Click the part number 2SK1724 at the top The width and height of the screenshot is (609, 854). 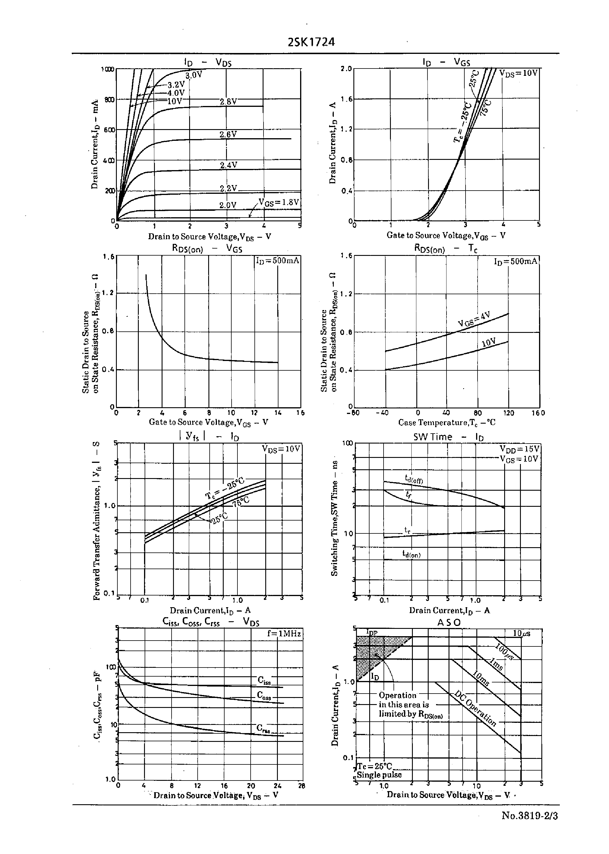311,42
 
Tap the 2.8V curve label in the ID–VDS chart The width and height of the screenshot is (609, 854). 228,102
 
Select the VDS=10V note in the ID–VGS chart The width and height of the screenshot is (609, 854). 519,73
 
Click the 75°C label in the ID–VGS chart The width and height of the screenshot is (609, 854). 486,108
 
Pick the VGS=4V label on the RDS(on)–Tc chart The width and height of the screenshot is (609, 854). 474,319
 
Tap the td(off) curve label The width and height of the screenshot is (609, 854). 414,479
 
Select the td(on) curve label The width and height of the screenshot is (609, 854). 411,554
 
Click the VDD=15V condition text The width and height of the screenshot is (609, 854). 519,449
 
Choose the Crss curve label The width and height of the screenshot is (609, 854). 263,728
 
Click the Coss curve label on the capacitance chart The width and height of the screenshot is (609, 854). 264,695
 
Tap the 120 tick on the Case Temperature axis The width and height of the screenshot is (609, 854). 509,413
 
